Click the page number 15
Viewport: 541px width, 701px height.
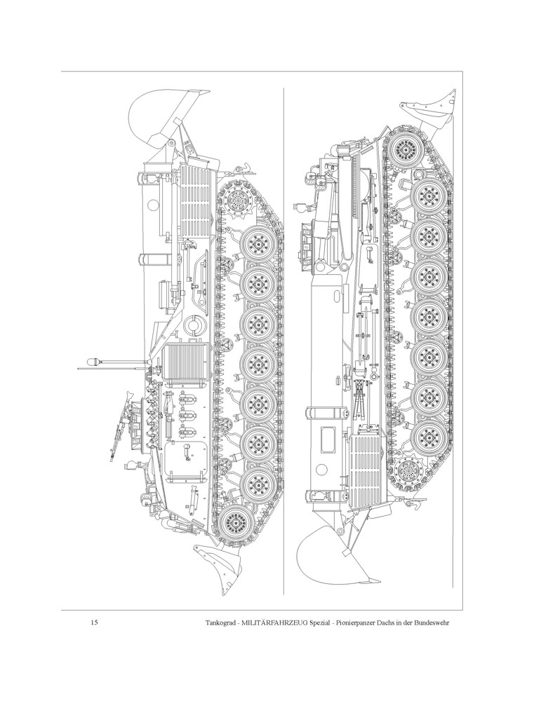pos(94,622)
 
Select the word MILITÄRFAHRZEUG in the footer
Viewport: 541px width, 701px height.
pos(288,622)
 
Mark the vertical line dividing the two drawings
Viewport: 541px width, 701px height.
pos(282,336)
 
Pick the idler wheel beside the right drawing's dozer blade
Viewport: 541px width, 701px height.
pos(405,148)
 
